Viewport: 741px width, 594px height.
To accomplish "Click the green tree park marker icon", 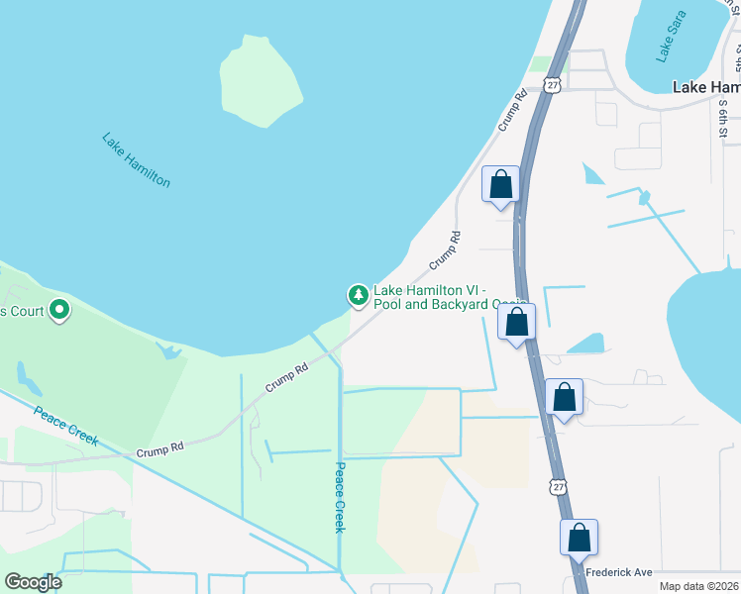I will point(357,295).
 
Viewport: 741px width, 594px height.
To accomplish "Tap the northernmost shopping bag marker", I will point(500,184).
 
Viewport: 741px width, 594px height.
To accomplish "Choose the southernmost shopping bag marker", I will point(580,539).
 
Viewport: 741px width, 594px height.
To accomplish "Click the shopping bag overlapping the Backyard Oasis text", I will point(516,322).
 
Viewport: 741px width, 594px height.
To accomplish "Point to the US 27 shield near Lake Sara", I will point(553,86).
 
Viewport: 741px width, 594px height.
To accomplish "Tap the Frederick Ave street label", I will point(618,572).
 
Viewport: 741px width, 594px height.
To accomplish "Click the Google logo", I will point(33,582).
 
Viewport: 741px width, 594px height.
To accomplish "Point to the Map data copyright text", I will point(699,586).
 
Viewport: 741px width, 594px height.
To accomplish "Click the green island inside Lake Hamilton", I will point(261,81).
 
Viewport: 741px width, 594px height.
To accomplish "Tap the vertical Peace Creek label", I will point(338,497).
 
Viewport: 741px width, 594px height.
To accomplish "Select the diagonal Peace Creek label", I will point(66,426).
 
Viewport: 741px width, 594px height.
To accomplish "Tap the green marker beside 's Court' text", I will point(59,312).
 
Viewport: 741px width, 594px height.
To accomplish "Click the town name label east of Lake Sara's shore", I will point(705,87).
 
